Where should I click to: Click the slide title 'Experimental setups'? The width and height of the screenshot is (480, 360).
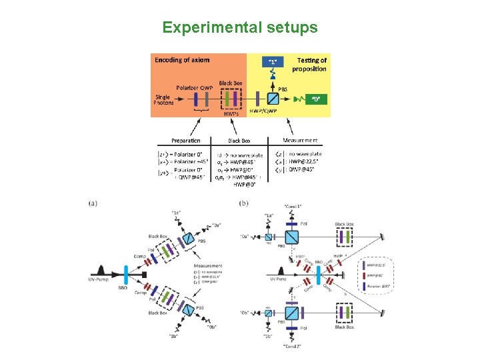click(240, 28)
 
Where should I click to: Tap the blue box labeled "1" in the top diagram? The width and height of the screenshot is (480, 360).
click(273, 62)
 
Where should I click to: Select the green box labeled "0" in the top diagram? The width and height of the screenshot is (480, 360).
click(317, 99)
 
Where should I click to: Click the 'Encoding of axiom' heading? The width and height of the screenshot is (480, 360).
click(182, 60)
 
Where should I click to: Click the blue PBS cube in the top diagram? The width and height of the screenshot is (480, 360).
click(273, 99)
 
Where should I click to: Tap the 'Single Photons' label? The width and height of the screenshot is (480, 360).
click(163, 99)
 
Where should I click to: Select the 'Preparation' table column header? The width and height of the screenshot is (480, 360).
click(185, 141)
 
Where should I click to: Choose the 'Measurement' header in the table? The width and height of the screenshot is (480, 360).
click(300, 141)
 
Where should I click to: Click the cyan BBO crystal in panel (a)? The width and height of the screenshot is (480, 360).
click(125, 274)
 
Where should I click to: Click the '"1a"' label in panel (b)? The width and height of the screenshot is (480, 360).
click(269, 215)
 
